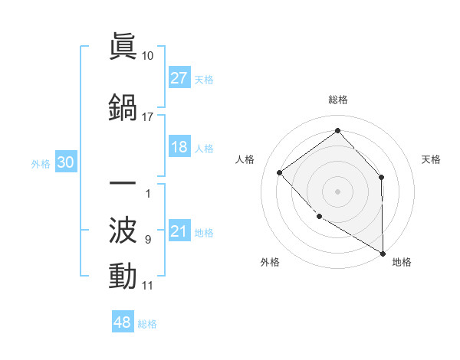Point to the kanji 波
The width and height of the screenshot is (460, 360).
[x=123, y=230]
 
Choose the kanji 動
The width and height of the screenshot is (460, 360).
[x=123, y=275]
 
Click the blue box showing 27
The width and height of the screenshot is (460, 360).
[x=179, y=78]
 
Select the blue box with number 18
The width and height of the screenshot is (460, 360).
[x=179, y=147]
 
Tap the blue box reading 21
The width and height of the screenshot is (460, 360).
[x=179, y=231]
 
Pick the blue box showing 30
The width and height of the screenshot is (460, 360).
[x=65, y=162]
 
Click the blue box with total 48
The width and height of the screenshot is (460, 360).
[x=123, y=322]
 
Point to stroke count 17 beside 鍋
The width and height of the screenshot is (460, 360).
[x=148, y=117]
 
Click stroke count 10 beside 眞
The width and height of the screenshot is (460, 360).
[x=148, y=56]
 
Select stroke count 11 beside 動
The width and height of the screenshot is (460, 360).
[x=148, y=286]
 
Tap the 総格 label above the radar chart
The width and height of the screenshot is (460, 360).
[x=338, y=100]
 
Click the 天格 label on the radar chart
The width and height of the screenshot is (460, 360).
[x=432, y=159]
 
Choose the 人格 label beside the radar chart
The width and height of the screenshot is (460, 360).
[x=245, y=159]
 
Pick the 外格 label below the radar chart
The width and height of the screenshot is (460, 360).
[x=270, y=262]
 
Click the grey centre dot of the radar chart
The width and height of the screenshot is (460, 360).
[x=337, y=191]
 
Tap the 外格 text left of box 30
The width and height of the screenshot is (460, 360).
[x=41, y=163]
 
